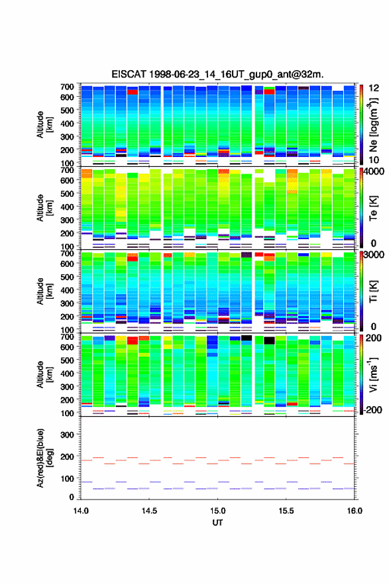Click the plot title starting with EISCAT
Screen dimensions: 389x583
point(217,74)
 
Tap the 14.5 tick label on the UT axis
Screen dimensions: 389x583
point(149,511)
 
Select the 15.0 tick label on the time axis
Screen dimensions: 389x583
point(217,511)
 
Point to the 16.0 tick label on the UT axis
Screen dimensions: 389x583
point(355,511)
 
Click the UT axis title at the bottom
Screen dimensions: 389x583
point(217,523)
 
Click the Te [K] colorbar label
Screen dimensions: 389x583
point(373,208)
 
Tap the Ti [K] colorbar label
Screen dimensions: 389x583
point(373,291)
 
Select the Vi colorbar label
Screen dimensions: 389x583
point(373,374)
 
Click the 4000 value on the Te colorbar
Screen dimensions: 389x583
point(374,172)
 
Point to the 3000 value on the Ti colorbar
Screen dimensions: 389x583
point(374,255)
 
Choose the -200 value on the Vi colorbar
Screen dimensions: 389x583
point(373,409)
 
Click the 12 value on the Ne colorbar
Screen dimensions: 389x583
point(374,88)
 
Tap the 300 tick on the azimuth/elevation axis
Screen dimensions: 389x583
point(67,435)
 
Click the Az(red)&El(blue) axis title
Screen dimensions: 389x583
point(44,458)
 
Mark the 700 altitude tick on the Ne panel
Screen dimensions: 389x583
point(67,87)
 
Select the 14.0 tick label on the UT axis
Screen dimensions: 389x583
point(81,511)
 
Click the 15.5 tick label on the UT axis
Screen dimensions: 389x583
point(286,511)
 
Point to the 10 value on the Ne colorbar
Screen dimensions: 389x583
point(374,160)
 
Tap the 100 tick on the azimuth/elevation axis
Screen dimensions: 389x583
point(67,478)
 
